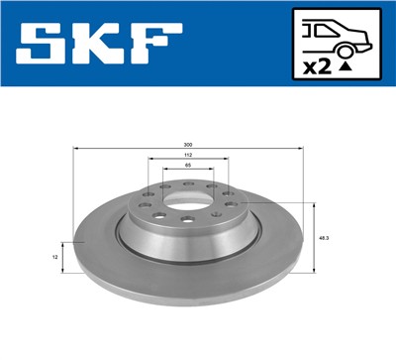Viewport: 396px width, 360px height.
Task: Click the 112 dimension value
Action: [188, 156]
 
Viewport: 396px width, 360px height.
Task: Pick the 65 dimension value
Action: [188, 168]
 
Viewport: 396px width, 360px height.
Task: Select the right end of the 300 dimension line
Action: [301, 150]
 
